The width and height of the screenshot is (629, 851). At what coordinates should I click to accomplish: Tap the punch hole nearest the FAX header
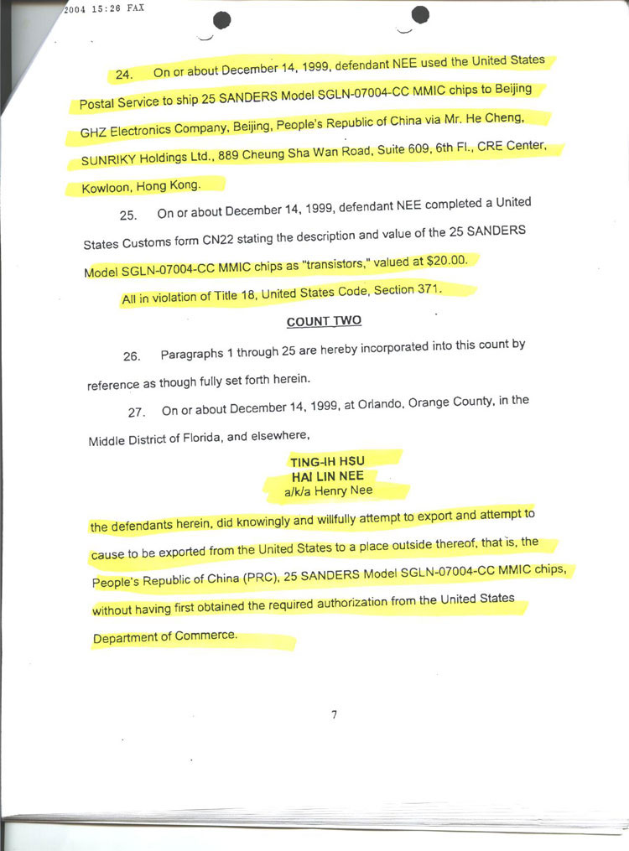[x=223, y=21]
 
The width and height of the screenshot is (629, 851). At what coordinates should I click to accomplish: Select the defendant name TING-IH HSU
[x=327, y=462]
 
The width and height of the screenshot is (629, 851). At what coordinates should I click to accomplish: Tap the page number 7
[x=334, y=715]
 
